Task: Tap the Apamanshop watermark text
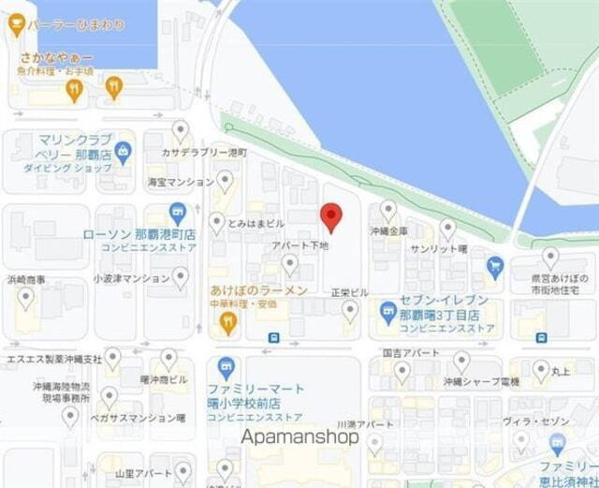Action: [300, 436]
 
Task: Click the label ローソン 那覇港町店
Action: [139, 233]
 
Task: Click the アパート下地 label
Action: [299, 244]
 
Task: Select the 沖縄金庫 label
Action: [388, 230]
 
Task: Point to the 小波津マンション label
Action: [131, 278]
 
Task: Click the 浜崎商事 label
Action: [27, 278]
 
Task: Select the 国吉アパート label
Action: [411, 353]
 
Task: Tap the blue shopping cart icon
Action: [495, 268]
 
